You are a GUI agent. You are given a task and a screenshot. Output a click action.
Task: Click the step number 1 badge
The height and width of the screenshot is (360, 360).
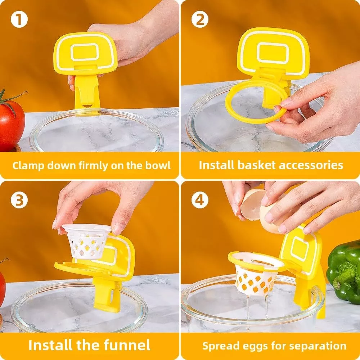(19, 19)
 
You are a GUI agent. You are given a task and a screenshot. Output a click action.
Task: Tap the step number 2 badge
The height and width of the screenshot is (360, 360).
(200, 19)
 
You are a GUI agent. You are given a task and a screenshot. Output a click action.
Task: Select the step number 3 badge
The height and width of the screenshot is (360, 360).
(19, 200)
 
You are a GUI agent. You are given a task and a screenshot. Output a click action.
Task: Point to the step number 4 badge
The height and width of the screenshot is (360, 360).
(200, 200)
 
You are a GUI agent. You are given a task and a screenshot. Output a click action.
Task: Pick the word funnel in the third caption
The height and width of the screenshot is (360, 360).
(127, 345)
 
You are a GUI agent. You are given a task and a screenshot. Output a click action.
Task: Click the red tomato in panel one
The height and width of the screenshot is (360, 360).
(11, 122)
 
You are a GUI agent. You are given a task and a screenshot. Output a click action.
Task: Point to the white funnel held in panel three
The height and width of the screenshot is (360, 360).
(86, 241)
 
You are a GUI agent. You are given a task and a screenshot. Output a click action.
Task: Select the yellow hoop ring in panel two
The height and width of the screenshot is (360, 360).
(256, 102)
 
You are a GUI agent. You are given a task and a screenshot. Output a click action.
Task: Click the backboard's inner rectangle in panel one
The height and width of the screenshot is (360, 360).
(85, 52)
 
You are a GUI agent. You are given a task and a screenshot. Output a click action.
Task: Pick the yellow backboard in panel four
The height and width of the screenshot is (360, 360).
(299, 250)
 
